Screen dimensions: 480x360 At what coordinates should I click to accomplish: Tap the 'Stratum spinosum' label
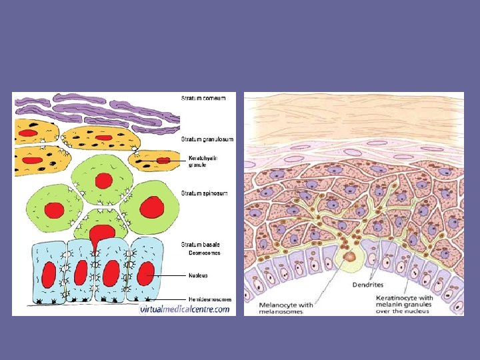(x=205, y=193)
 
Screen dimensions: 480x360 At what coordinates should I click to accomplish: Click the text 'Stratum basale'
(x=201, y=245)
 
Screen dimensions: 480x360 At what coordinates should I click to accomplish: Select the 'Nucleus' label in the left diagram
(x=198, y=275)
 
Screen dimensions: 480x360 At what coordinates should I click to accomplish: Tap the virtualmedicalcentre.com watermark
(x=185, y=309)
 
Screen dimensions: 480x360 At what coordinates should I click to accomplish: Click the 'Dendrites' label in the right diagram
(x=367, y=285)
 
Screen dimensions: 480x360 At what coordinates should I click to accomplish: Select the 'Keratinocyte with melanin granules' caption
(x=421, y=304)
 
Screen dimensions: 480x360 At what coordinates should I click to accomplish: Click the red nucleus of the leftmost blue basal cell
(x=49, y=274)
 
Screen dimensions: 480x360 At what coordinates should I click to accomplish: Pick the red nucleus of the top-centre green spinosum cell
(x=103, y=180)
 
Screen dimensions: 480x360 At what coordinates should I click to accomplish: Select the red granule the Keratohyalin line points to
(x=163, y=161)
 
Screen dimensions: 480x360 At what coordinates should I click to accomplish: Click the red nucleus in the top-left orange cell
(x=28, y=133)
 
